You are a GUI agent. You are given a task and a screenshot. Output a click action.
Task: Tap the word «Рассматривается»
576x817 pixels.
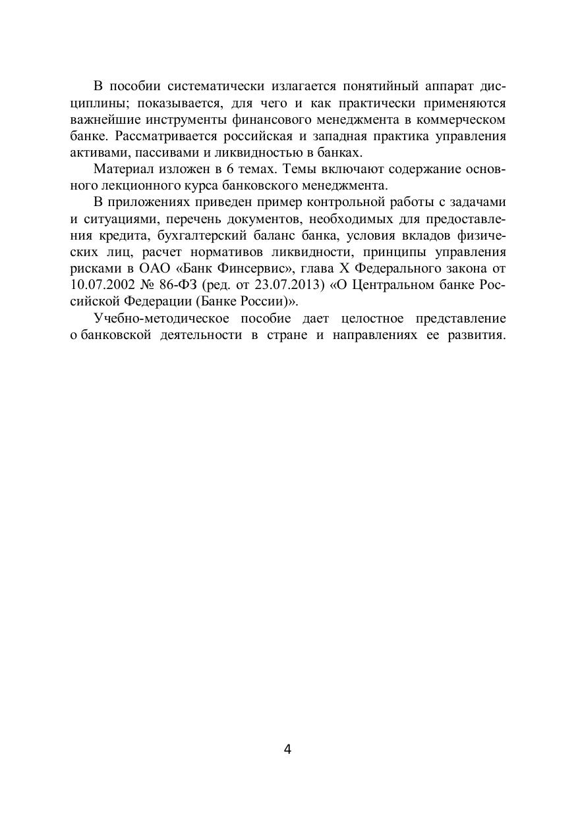(160, 136)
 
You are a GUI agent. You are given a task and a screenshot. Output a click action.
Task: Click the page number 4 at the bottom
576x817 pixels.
(287, 749)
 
